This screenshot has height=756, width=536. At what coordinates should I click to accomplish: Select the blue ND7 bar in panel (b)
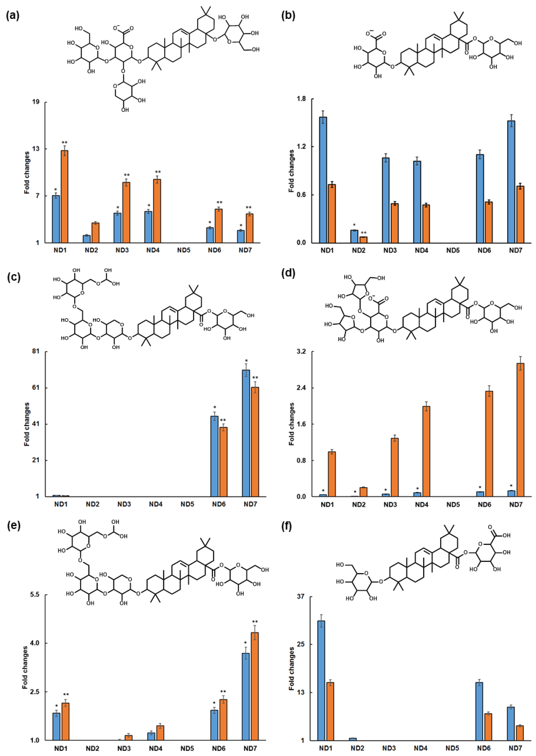pyautogui.click(x=511, y=182)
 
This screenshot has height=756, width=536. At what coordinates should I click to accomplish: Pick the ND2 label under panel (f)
pyautogui.click(x=357, y=748)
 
